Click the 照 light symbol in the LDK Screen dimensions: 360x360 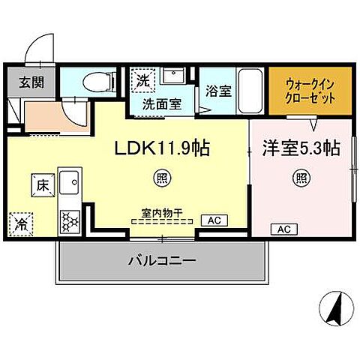[160, 178]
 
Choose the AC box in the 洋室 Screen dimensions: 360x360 [284, 228]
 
